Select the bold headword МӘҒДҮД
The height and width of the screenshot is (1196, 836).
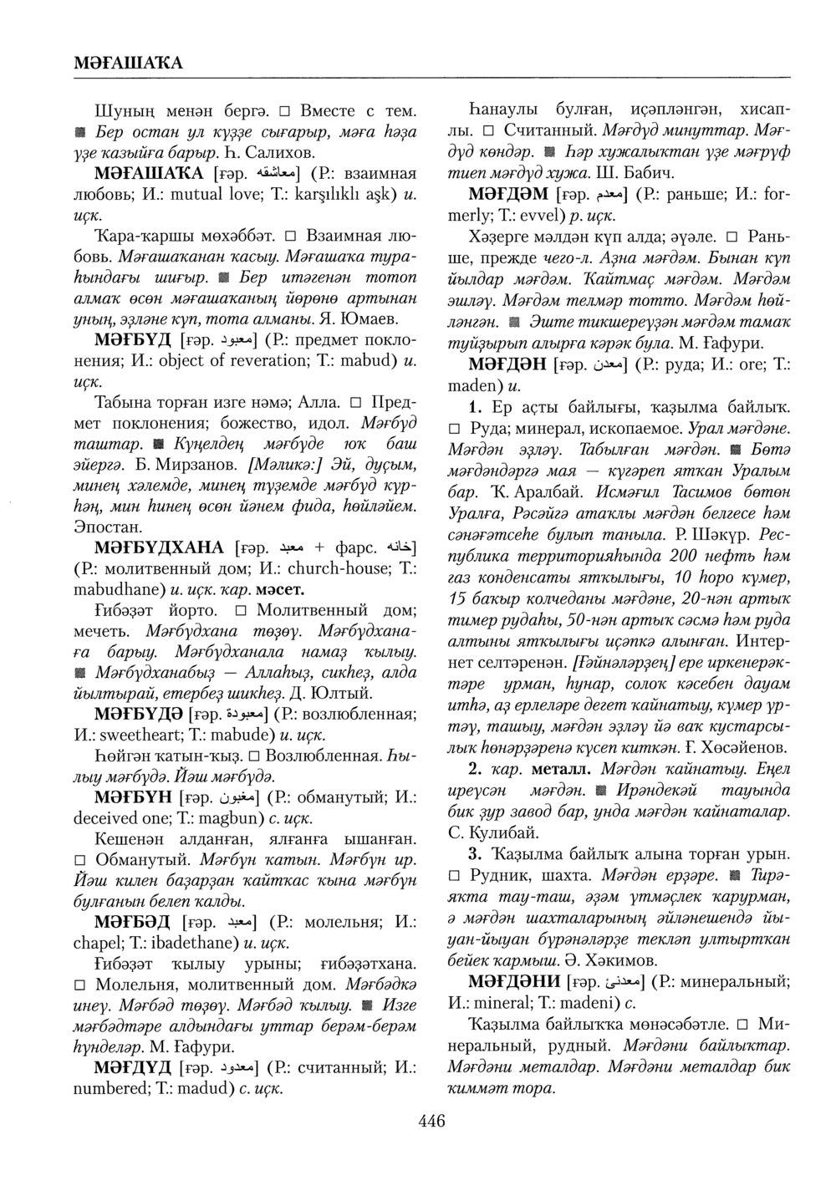(134, 1068)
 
